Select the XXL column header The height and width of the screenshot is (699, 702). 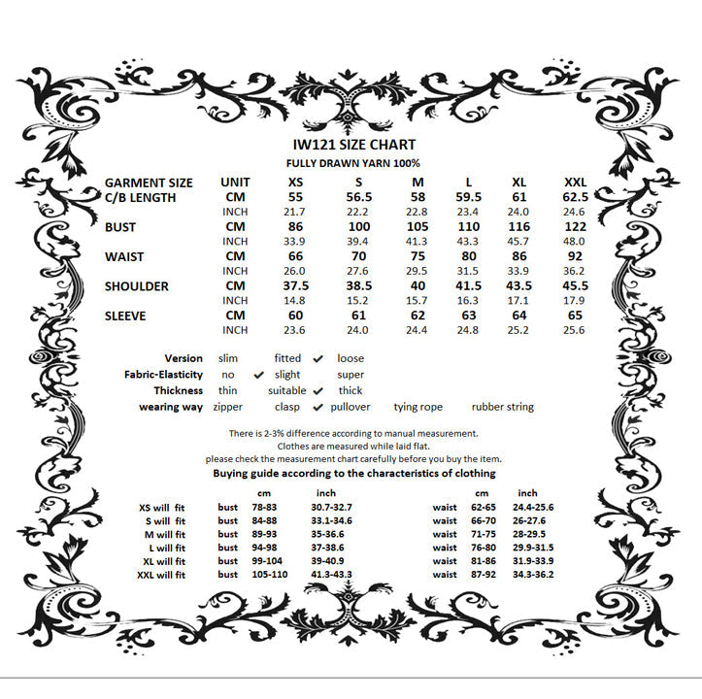575,183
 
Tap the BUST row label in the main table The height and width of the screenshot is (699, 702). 121,227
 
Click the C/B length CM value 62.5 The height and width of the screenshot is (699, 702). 575,197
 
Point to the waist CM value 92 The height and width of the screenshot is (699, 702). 575,256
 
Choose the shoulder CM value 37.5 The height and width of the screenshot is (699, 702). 295,286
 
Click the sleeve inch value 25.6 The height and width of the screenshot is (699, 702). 575,330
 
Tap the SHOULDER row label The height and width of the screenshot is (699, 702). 137,286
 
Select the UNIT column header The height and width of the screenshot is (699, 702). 235,183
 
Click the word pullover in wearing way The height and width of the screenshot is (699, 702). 351,408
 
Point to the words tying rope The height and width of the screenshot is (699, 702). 418,408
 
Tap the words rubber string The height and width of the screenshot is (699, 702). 502,408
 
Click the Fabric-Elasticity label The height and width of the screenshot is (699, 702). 163,375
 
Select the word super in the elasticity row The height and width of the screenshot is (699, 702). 351,375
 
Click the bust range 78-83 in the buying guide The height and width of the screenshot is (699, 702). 264,508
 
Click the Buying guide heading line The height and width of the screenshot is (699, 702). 353,474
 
